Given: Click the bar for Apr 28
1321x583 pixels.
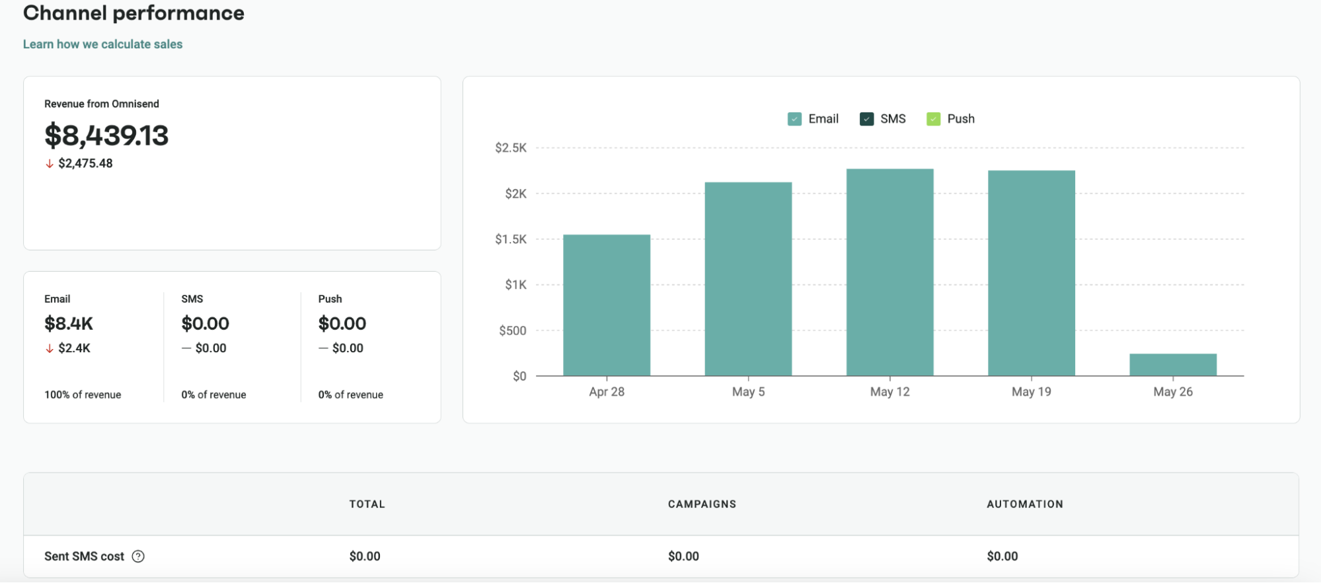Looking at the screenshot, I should coord(607,305).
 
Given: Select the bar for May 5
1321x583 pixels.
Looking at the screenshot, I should coord(748,279).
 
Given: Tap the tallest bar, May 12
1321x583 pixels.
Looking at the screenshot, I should coord(889,272).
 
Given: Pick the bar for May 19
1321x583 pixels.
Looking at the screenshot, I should coord(1031,273).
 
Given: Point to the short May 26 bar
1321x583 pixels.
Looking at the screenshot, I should coord(1172,365).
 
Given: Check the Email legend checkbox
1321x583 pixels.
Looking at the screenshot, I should coord(794,119).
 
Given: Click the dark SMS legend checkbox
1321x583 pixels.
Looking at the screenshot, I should coord(866,119).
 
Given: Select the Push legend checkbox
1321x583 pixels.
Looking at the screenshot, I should coord(933,119).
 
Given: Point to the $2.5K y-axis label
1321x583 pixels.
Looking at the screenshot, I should coord(511,148).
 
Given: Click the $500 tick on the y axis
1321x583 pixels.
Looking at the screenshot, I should coord(513,330).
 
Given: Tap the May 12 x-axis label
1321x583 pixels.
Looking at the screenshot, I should coord(889,392).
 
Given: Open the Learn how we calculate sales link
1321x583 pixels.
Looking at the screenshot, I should coord(102,44).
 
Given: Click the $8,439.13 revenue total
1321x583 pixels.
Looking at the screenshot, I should coord(106,136).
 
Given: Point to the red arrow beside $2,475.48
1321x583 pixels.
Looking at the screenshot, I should coord(50,164).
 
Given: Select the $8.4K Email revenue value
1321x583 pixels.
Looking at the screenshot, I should coord(69,323).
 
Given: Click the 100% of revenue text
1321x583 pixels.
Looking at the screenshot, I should coord(83,395).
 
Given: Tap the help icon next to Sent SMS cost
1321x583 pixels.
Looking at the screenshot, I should coord(138,557).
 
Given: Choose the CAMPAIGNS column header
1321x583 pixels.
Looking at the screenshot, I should coord(702,504).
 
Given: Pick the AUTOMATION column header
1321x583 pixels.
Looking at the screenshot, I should coord(1024,504).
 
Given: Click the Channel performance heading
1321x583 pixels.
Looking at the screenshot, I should coord(133,13).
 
